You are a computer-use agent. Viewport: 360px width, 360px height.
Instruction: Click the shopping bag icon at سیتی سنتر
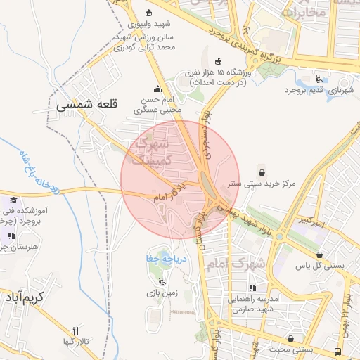coord(262,171)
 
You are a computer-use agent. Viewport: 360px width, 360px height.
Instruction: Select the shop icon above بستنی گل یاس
coord(321,255)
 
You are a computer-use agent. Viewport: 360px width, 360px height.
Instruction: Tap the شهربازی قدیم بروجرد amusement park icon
coord(320,79)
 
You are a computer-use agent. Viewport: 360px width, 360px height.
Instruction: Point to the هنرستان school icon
coord(10,235)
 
